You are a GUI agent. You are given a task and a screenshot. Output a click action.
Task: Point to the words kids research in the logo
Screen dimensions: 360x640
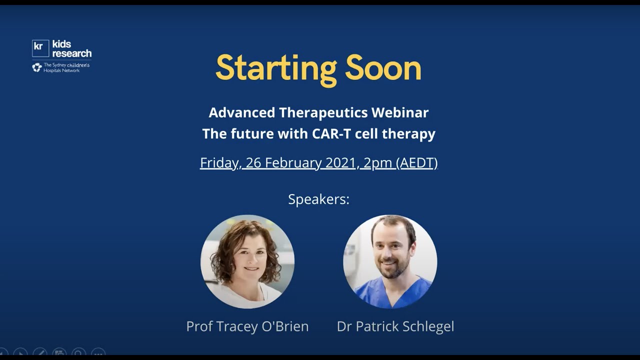(x=71, y=48)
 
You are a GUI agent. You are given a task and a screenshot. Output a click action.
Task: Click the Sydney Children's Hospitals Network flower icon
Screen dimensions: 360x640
(x=36, y=67)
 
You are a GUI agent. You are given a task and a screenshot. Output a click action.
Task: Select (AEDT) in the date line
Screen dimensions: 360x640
(x=416, y=163)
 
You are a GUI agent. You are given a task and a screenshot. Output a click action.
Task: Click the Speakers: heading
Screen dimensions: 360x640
(x=318, y=199)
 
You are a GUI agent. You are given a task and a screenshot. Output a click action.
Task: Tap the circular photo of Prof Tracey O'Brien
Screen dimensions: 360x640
(x=247, y=261)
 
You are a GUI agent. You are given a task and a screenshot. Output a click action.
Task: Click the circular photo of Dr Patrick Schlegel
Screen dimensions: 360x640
(x=390, y=261)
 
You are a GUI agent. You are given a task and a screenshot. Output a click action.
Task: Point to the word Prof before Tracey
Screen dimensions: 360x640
(x=199, y=326)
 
